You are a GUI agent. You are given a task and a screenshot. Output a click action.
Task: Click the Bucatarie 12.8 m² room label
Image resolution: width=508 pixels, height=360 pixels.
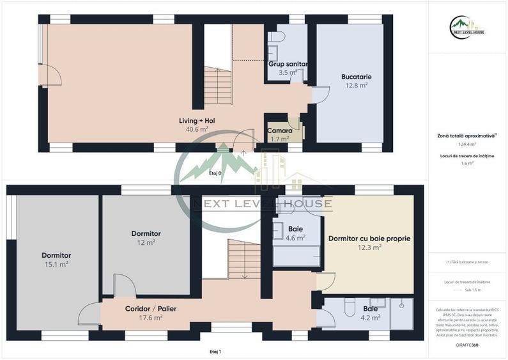coord(356,81)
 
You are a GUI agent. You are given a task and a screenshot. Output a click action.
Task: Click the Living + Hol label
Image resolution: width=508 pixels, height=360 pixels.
coord(197,124)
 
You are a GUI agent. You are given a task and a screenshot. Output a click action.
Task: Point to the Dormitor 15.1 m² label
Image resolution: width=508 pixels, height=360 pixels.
coord(52,259)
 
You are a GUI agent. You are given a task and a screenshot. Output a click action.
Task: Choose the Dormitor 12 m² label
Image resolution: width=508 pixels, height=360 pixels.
coord(146,238)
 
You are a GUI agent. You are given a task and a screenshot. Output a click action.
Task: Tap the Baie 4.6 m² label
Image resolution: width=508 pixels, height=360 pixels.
coord(295,233)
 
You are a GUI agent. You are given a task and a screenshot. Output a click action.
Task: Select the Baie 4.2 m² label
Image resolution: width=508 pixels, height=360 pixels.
coord(371,312)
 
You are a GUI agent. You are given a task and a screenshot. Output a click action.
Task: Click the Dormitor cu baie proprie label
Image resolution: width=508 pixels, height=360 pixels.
coord(369,242)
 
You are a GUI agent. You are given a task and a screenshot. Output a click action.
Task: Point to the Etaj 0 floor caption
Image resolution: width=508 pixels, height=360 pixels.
coord(215,173)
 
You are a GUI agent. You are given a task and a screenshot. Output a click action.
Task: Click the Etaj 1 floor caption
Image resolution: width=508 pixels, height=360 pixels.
coord(215,352)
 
